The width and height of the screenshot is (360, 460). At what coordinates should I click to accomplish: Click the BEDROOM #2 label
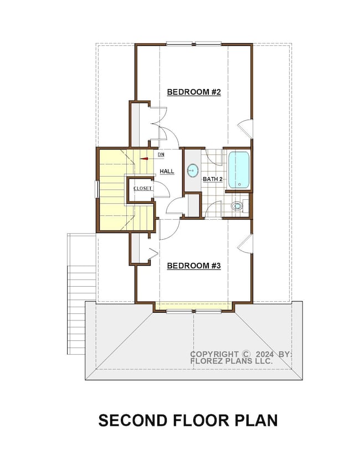[194, 92]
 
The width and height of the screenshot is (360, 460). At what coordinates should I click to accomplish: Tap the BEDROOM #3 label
[194, 266]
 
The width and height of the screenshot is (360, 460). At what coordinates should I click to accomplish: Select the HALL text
[167, 172]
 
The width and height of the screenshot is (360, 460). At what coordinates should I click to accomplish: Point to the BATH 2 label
[212, 179]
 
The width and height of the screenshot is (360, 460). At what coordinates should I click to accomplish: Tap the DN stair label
[161, 154]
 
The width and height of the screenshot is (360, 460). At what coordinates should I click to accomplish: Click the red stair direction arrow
[145, 158]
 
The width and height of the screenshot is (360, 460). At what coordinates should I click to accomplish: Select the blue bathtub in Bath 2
[239, 170]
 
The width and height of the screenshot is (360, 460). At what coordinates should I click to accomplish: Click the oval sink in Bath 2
[193, 170]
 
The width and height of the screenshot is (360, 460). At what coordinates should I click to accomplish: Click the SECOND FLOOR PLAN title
[188, 421]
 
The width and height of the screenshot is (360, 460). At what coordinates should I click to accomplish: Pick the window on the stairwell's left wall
[97, 189]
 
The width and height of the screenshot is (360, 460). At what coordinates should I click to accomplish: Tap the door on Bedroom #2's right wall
[245, 128]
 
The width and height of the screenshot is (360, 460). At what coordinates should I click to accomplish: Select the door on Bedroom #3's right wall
[245, 242]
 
